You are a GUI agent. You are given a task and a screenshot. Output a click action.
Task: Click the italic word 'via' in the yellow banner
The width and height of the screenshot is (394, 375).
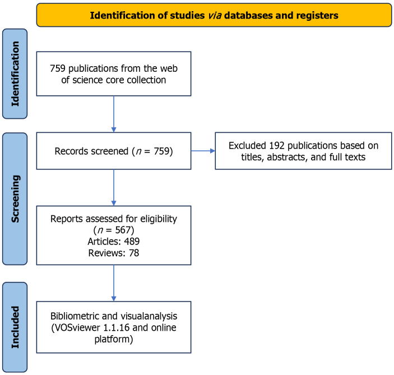tap(215, 15)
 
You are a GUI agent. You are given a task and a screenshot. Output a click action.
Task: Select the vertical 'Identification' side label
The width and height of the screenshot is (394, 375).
tap(15, 73)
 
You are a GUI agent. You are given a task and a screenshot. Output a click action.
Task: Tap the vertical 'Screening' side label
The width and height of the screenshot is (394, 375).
tap(15, 199)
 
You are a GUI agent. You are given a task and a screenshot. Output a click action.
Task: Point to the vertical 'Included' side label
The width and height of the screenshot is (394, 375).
tap(15, 327)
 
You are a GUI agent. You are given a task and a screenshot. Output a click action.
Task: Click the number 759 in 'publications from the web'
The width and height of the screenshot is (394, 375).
tap(58, 68)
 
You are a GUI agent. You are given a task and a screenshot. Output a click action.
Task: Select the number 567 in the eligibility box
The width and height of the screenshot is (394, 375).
tap(123, 230)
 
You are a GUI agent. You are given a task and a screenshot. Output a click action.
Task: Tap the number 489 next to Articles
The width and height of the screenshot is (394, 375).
tap(132, 241)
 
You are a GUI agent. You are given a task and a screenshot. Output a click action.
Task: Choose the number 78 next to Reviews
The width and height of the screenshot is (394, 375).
tap(134, 253)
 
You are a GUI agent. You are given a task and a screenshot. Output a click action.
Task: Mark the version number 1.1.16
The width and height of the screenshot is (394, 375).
tap(117, 327)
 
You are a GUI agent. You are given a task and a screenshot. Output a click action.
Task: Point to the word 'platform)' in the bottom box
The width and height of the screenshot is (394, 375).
tap(114, 339)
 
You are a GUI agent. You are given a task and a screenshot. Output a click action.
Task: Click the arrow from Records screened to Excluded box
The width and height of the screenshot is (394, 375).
tap(203, 151)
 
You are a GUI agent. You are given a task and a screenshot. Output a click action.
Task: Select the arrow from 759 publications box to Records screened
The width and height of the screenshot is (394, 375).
tap(114, 114)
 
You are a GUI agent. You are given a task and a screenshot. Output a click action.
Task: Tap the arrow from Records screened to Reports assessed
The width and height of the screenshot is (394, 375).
tap(114, 187)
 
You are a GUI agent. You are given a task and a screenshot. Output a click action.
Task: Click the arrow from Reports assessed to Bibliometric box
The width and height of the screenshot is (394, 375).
tap(114, 283)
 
